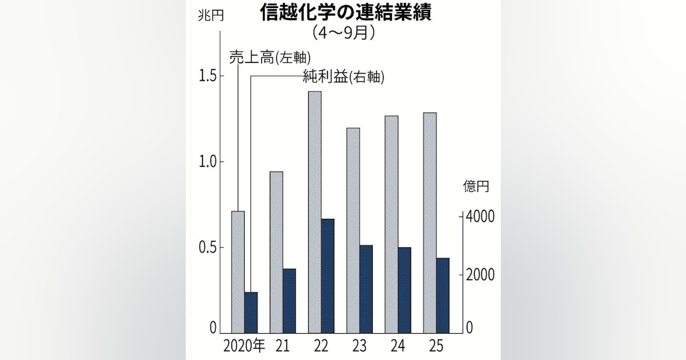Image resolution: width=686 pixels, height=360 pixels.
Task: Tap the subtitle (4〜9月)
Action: click(x=344, y=33)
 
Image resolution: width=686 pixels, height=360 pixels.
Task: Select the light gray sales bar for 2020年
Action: click(x=238, y=272)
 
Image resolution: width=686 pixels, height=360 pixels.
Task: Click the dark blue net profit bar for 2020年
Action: click(x=251, y=313)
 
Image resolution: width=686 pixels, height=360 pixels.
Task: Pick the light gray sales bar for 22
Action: click(x=314, y=212)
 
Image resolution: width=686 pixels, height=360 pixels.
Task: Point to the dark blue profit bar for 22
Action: click(x=328, y=276)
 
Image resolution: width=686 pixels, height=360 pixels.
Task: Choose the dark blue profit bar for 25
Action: click(x=442, y=295)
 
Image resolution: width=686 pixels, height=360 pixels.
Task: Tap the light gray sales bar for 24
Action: click(x=391, y=225)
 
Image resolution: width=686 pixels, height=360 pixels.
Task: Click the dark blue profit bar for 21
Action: click(x=289, y=301)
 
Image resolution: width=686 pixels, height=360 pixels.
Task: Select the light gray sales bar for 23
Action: click(x=353, y=230)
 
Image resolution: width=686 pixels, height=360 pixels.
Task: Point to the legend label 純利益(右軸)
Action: click(x=343, y=77)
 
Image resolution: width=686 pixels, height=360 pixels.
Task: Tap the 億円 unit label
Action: click(x=476, y=187)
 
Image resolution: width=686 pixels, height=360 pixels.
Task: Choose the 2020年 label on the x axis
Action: click(x=244, y=346)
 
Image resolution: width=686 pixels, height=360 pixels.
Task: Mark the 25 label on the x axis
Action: click(x=436, y=346)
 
